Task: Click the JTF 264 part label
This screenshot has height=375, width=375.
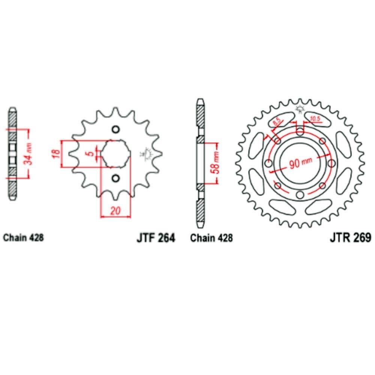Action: click(x=156, y=238)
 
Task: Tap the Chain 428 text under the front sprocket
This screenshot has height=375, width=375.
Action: click(x=23, y=237)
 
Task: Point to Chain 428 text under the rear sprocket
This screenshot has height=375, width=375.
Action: click(x=211, y=238)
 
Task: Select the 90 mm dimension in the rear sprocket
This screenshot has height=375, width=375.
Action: click(x=300, y=163)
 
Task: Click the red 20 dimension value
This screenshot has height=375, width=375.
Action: click(x=115, y=211)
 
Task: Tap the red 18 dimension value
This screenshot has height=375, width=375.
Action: click(x=55, y=154)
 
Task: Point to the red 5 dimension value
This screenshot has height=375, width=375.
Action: click(x=91, y=153)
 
